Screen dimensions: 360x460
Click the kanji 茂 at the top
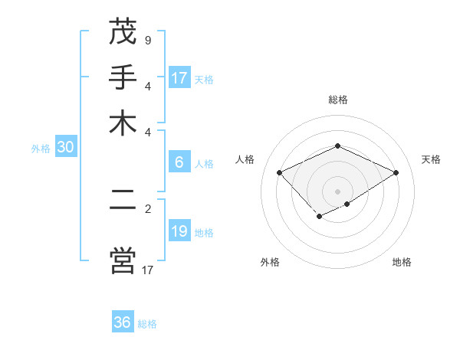(x=123, y=32)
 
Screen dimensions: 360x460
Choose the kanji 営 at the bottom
(x=123, y=260)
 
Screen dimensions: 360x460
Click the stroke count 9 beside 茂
(x=147, y=40)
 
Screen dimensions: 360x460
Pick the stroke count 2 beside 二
(x=147, y=208)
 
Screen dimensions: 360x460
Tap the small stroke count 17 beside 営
(x=147, y=269)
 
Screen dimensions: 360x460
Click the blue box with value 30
(x=65, y=148)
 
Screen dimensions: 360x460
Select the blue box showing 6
(x=179, y=162)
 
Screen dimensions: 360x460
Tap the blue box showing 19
(x=179, y=231)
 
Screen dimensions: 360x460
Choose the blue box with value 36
(x=123, y=322)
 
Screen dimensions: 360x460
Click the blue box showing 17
(x=179, y=78)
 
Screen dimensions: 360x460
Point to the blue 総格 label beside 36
(x=148, y=324)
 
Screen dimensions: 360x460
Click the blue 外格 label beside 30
(x=41, y=149)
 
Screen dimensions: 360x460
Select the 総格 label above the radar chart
(x=338, y=100)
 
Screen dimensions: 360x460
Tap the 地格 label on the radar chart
(x=402, y=263)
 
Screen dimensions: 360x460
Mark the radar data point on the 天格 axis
(x=396, y=173)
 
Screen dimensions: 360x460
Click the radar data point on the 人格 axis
(x=280, y=173)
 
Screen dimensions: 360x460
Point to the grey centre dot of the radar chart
(x=338, y=191)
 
